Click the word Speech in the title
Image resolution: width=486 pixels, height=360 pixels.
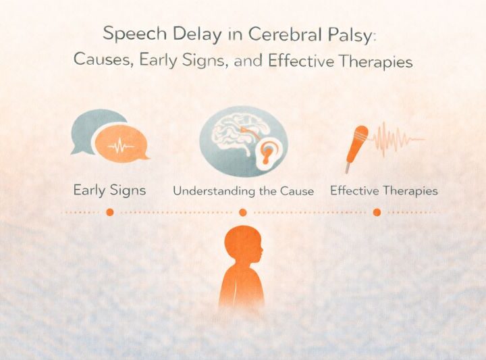coord(128,34)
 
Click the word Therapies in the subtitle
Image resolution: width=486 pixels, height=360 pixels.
coord(375,61)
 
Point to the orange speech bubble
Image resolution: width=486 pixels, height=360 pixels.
coord(122,146)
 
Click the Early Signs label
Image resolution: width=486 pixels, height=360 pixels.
coord(109,190)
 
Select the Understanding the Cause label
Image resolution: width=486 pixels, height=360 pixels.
coord(243,191)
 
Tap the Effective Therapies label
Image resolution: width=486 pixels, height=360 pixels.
coord(383,190)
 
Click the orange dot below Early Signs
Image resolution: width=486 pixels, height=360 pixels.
coord(109,212)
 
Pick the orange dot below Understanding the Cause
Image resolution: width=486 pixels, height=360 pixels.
coord(243,212)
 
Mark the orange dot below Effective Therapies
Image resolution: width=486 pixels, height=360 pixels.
coord(377,212)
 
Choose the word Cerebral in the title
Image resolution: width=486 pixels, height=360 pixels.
coord(277,34)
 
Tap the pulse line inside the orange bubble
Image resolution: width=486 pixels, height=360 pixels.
coord(122,146)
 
